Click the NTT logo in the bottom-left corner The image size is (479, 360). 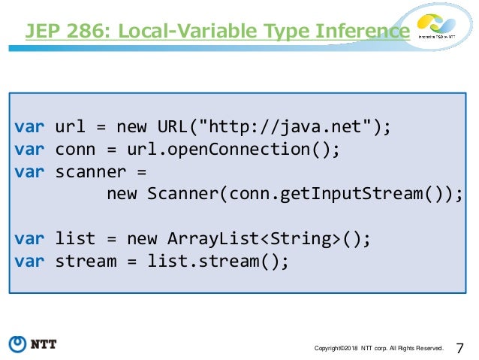(33, 345)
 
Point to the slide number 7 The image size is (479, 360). (459, 347)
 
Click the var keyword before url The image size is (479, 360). (29, 126)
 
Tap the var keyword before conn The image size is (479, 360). (29, 148)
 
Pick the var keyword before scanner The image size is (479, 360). (29, 171)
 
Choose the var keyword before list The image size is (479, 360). (29, 239)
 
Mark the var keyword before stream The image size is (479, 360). (29, 262)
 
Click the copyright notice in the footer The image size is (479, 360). (379, 348)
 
